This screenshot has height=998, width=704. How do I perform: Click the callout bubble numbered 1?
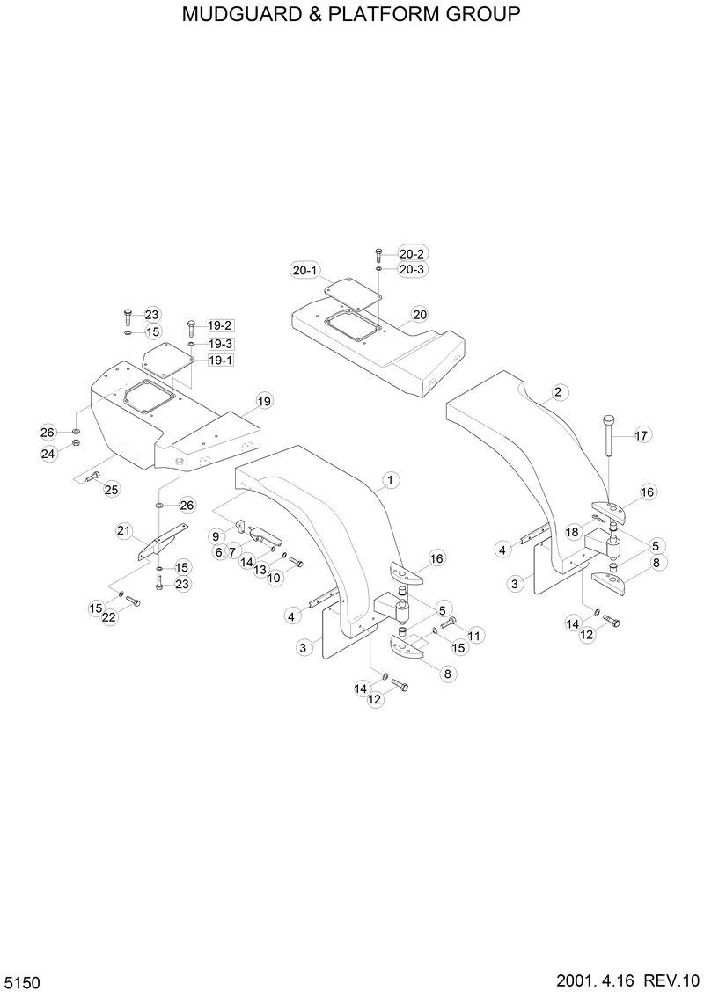point(391,480)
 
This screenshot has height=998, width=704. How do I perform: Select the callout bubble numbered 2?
point(557,392)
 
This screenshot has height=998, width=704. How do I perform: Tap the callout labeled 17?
point(641,434)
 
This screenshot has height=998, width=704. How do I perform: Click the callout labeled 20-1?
point(305,271)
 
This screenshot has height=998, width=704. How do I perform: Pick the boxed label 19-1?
point(220,361)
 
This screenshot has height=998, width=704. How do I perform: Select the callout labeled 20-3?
point(412,270)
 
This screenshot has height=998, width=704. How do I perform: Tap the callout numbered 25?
point(111,489)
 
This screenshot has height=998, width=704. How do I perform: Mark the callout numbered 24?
point(48,454)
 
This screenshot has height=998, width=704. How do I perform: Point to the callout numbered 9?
point(215,535)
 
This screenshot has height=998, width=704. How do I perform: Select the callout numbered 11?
point(475,635)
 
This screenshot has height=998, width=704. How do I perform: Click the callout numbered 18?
point(572,532)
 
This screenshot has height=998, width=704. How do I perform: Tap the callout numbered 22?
point(108,618)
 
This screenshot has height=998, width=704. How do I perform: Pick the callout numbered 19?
point(263,402)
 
